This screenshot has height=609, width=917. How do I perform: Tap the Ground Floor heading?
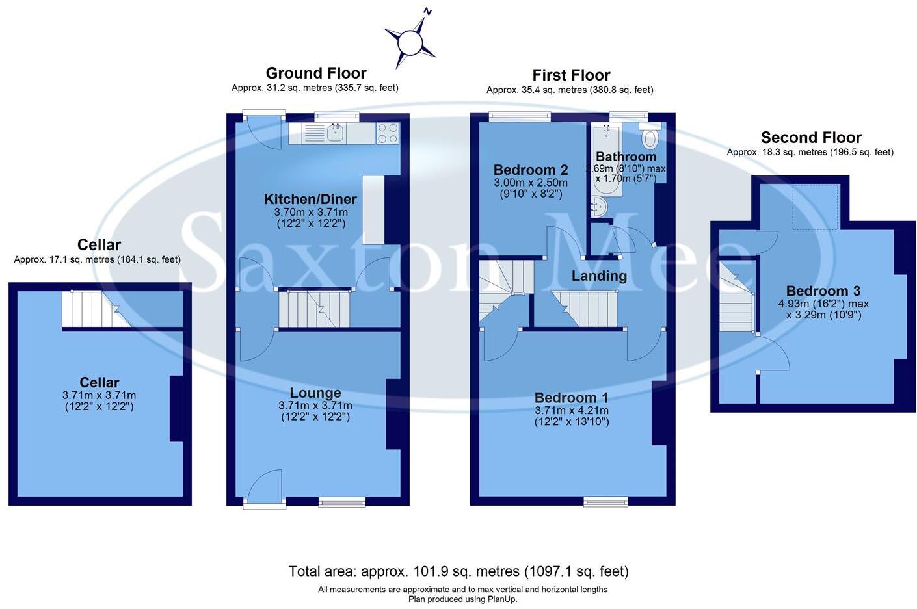point(316,73)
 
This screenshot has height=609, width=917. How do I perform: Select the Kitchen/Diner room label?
point(310,200)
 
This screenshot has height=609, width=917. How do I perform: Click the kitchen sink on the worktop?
point(336,133)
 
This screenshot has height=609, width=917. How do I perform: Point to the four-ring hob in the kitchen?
point(388,133)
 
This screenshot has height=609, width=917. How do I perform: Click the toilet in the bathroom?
point(650,138)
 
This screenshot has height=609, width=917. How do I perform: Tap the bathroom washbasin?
point(598,207)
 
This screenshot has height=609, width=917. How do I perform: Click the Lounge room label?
point(315,393)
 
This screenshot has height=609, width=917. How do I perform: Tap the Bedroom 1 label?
point(571,398)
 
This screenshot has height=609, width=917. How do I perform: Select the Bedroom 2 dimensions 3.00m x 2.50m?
point(530,183)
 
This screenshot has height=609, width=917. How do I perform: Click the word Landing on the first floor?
point(599,276)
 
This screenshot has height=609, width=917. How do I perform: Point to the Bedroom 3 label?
point(817,291)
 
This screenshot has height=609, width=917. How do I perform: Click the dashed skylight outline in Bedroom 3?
point(816,207)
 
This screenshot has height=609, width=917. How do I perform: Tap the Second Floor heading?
point(811,138)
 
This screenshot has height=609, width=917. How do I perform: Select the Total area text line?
point(458,571)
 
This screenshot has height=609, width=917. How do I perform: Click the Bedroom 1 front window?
point(605,501)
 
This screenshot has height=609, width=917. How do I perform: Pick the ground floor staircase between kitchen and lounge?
point(315,309)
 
